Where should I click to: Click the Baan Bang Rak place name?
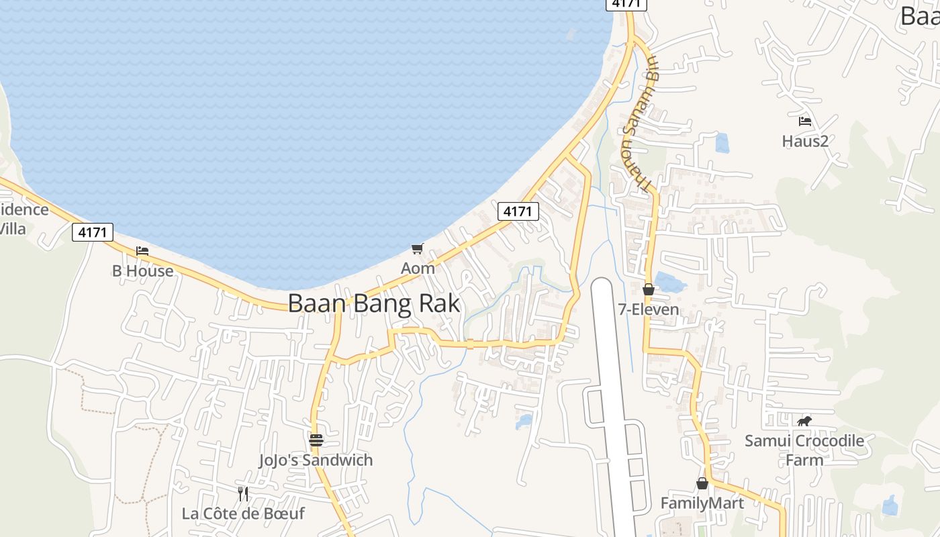(x=374, y=303)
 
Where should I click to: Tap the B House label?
(x=142, y=271)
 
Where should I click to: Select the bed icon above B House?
(x=142, y=251)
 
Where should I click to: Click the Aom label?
(x=418, y=268)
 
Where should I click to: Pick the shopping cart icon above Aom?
(x=418, y=249)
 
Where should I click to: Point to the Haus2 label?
(x=805, y=141)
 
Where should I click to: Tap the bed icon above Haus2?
(x=805, y=121)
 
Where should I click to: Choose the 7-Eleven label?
(x=649, y=309)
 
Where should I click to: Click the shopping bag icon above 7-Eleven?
(x=649, y=290)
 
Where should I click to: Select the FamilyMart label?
(x=702, y=503)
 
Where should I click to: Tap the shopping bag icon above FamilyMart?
(x=702, y=483)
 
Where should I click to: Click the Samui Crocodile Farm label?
(x=804, y=450)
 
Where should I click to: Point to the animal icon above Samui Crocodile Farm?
(x=804, y=422)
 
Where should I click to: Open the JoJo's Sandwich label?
(x=316, y=460)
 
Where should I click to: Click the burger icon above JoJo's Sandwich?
(x=316, y=440)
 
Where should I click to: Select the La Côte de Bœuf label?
(x=243, y=514)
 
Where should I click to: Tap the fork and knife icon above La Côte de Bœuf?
(x=243, y=494)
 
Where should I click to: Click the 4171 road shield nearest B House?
(x=93, y=232)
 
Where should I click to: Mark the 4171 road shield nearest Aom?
(x=518, y=211)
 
